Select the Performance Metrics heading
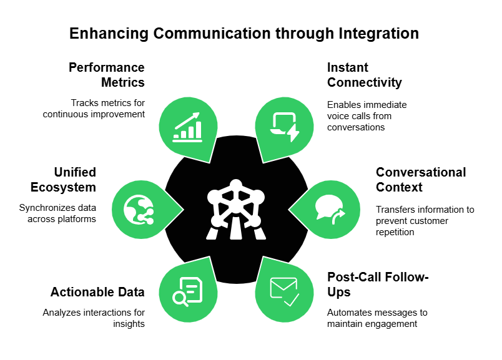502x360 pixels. point(107,75)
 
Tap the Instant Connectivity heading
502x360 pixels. point(365,75)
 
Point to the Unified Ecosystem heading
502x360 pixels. point(74,180)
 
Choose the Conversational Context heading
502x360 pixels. point(421,180)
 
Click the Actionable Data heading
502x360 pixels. point(97,292)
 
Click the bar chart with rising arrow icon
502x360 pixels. point(187,126)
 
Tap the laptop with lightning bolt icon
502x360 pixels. point(284,125)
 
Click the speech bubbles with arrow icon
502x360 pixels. point(330,208)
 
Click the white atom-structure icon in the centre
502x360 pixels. point(235,209)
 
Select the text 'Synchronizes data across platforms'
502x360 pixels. point(59,213)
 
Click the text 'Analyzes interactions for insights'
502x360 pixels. point(94,318)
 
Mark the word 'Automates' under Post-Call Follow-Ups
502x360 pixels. point(348,313)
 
